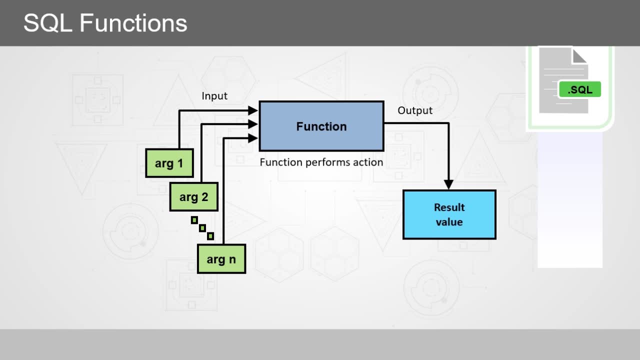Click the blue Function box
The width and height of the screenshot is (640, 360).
(x=321, y=126)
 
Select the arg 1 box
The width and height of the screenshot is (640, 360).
(x=169, y=163)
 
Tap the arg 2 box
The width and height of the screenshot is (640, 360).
(x=193, y=197)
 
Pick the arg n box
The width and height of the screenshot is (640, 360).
(x=221, y=259)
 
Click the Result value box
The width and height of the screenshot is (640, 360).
(x=449, y=214)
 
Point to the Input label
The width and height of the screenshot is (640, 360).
(x=214, y=96)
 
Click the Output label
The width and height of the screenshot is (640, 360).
(x=415, y=110)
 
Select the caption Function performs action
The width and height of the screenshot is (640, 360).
(x=321, y=162)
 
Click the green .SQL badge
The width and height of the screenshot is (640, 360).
(x=579, y=89)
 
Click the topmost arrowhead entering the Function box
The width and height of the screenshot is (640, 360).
(x=253, y=110)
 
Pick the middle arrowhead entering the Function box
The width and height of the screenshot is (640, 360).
(x=253, y=124)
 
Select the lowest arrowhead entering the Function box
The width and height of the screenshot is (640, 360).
(x=253, y=138)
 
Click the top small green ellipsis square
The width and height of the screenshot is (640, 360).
(x=194, y=220)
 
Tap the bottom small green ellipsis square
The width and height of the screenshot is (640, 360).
(x=210, y=236)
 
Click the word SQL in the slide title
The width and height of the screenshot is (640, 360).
(x=47, y=23)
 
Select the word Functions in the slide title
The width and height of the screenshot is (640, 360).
(x=133, y=23)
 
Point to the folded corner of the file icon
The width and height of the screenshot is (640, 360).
(x=579, y=56)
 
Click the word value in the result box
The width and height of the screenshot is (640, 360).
(x=449, y=222)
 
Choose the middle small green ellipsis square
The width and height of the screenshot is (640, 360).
(x=202, y=228)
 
